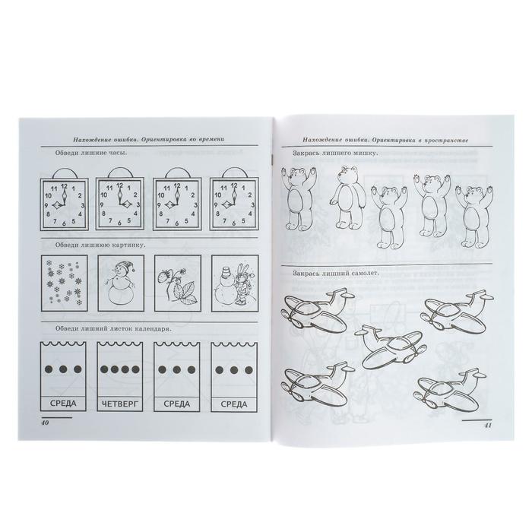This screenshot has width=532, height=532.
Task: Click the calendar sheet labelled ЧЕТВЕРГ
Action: coord(120,377)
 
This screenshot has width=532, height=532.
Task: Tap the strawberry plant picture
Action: coord(177,283)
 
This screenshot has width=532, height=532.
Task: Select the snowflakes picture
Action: coord(64,283)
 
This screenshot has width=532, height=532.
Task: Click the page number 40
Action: coord(45,423)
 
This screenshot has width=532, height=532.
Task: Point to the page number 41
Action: coord(487,425)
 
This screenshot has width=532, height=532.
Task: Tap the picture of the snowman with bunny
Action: coord(234,283)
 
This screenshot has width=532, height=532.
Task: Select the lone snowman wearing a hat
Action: coord(121,284)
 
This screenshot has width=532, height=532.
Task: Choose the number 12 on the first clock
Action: coord(64,186)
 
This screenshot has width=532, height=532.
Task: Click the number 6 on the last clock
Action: coord(234,223)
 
